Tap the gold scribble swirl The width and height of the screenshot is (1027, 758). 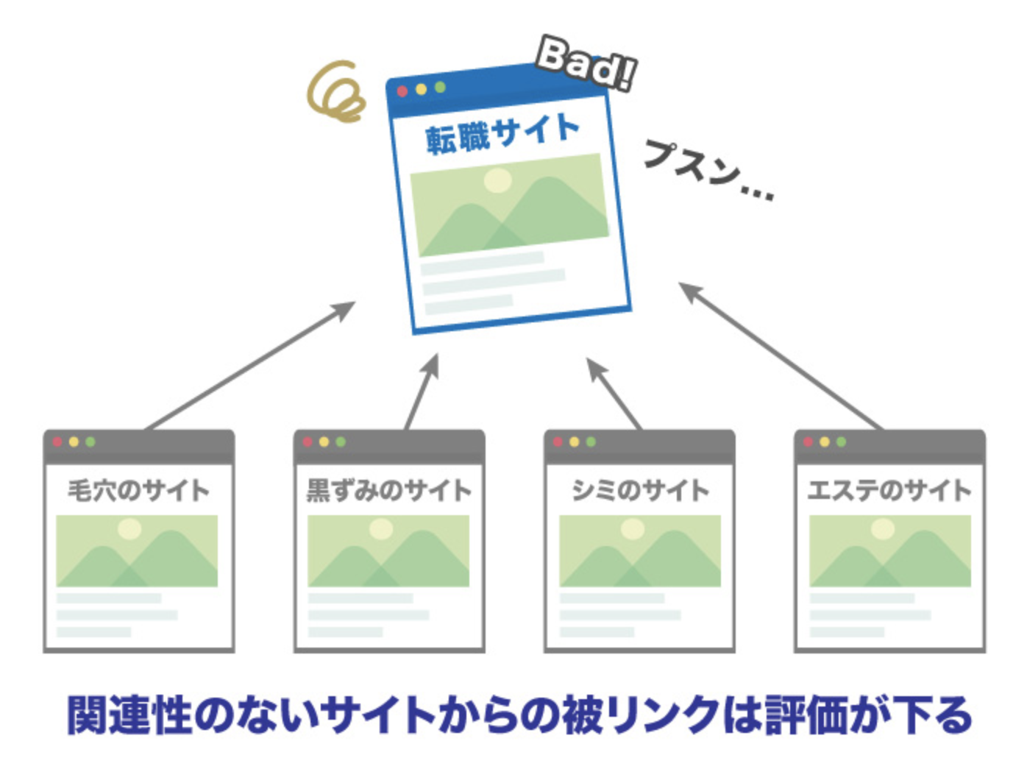click(x=336, y=94)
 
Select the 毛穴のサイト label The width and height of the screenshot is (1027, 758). click(x=138, y=490)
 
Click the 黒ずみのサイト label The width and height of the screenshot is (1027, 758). click(x=388, y=490)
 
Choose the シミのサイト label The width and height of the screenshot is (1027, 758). click(x=639, y=490)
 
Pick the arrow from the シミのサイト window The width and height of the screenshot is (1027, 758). click(x=614, y=393)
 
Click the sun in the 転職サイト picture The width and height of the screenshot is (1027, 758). click(x=497, y=180)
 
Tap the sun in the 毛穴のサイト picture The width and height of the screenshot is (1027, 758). click(x=129, y=528)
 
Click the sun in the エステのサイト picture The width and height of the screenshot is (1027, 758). click(x=883, y=528)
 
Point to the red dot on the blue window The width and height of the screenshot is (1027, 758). click(x=402, y=91)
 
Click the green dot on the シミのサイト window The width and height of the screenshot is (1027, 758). click(x=591, y=442)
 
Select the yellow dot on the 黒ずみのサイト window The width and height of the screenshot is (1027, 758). click(x=324, y=442)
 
